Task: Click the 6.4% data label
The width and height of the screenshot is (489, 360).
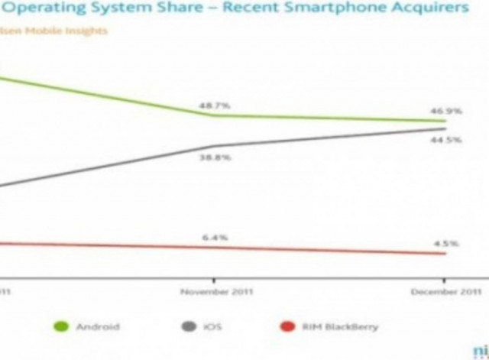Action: tap(215, 237)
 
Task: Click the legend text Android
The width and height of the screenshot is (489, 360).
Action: tap(97, 327)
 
